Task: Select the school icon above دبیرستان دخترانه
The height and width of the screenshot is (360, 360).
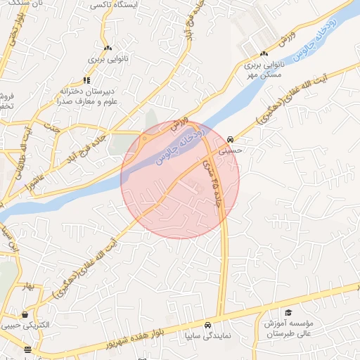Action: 87,80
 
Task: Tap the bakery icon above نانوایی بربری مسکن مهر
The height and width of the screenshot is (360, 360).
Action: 264,53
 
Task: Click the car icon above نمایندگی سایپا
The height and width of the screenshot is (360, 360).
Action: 208,326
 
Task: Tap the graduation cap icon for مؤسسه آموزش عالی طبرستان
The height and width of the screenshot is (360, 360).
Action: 288,313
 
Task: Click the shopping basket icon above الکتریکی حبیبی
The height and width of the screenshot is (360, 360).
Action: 26,314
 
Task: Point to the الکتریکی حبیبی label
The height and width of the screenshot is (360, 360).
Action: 26,326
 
